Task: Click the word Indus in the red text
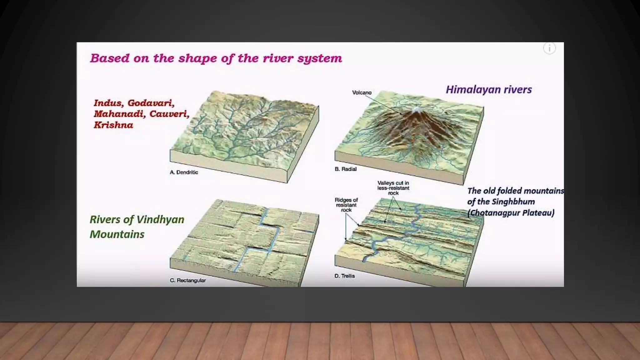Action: tap(107, 103)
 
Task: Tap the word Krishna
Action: tap(113, 125)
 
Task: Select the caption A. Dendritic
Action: tap(184, 172)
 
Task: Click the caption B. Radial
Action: tap(346, 169)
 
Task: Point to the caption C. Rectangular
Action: tap(188, 280)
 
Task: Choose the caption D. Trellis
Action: tap(345, 276)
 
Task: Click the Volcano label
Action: tap(362, 92)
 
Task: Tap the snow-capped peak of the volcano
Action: tap(417, 109)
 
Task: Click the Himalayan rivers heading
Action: tap(488, 90)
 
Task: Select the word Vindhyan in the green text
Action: tap(160, 220)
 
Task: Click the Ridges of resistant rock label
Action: tap(346, 205)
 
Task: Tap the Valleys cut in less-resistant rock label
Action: tap(393, 188)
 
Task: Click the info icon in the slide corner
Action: tap(549, 48)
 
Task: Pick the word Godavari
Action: tap(151, 103)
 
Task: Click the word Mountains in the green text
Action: tap(117, 234)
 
